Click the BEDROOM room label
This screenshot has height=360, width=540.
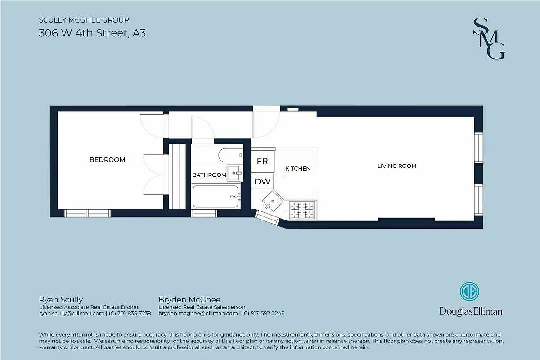(107, 160)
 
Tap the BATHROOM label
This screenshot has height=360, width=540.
(209, 175)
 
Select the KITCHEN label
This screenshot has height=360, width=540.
(298, 169)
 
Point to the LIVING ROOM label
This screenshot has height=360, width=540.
(396, 166)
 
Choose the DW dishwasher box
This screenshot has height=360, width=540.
(262, 182)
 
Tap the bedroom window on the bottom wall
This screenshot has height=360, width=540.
(88, 213)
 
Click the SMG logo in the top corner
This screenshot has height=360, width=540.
(489, 39)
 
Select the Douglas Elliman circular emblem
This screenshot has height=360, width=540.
(469, 292)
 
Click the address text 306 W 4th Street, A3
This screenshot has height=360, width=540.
(92, 33)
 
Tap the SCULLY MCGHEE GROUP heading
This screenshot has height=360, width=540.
(84, 20)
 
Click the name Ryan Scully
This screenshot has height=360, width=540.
(61, 300)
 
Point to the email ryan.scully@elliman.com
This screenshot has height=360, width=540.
(72, 313)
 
